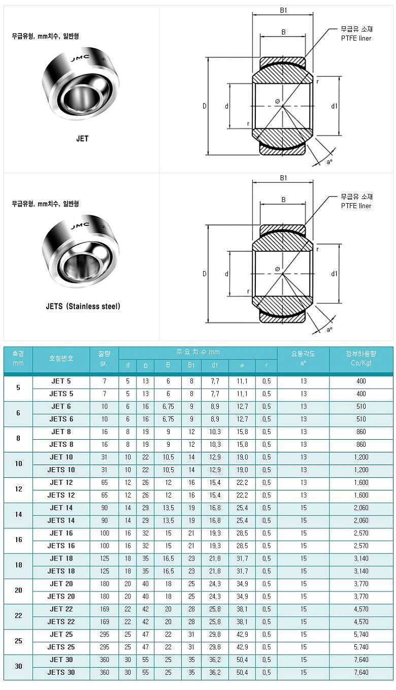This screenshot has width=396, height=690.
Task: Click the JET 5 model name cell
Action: point(61,381)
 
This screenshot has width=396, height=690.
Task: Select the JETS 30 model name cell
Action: point(61,673)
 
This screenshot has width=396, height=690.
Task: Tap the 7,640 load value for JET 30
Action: point(361,660)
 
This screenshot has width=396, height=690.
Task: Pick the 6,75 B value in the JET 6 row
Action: point(168,407)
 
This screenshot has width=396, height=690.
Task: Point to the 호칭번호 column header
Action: point(61,359)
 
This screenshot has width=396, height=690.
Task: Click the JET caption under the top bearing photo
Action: point(82,139)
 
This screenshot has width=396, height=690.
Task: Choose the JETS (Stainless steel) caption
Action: point(83,306)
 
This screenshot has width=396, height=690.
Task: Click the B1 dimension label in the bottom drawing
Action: point(283,178)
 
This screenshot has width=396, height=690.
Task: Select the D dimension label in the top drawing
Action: point(205,106)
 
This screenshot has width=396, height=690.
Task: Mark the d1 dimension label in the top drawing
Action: point(334,106)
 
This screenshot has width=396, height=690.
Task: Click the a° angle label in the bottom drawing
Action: point(329,330)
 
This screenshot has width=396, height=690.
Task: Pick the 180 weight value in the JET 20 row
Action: point(104,584)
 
